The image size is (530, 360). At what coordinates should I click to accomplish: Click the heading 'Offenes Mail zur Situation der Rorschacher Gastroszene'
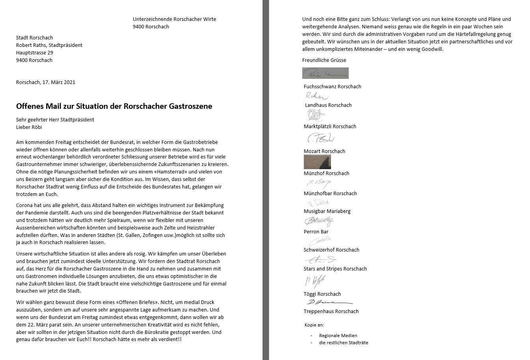[114, 106]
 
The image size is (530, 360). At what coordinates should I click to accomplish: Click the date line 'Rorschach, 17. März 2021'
[46, 82]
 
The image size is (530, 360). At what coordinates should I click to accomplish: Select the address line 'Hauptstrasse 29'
[35, 53]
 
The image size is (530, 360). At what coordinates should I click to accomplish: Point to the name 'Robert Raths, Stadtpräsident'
[49, 45]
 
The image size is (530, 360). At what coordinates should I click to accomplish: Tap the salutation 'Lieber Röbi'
[29, 127]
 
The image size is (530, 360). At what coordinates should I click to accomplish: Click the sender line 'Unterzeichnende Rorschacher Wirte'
[174, 19]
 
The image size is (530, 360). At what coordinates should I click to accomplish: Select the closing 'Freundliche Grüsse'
[324, 60]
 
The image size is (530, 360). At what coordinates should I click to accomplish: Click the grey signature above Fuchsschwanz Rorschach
[325, 73]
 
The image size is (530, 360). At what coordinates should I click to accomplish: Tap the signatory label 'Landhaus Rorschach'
[328, 105]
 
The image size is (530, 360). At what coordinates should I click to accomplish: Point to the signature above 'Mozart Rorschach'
[320, 139]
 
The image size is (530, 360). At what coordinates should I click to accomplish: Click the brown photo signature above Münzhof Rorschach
[317, 162]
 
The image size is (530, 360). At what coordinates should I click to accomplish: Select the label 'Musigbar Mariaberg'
[327, 211]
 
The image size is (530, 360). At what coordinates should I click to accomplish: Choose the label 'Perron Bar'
[316, 232]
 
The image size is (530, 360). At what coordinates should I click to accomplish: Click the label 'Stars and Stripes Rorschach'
[335, 269]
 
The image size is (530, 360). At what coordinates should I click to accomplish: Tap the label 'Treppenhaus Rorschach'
[331, 312]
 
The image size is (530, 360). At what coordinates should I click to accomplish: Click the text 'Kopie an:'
[314, 325]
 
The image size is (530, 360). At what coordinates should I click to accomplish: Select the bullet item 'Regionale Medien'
[338, 336]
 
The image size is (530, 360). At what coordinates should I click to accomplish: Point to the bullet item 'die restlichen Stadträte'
[344, 343]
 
